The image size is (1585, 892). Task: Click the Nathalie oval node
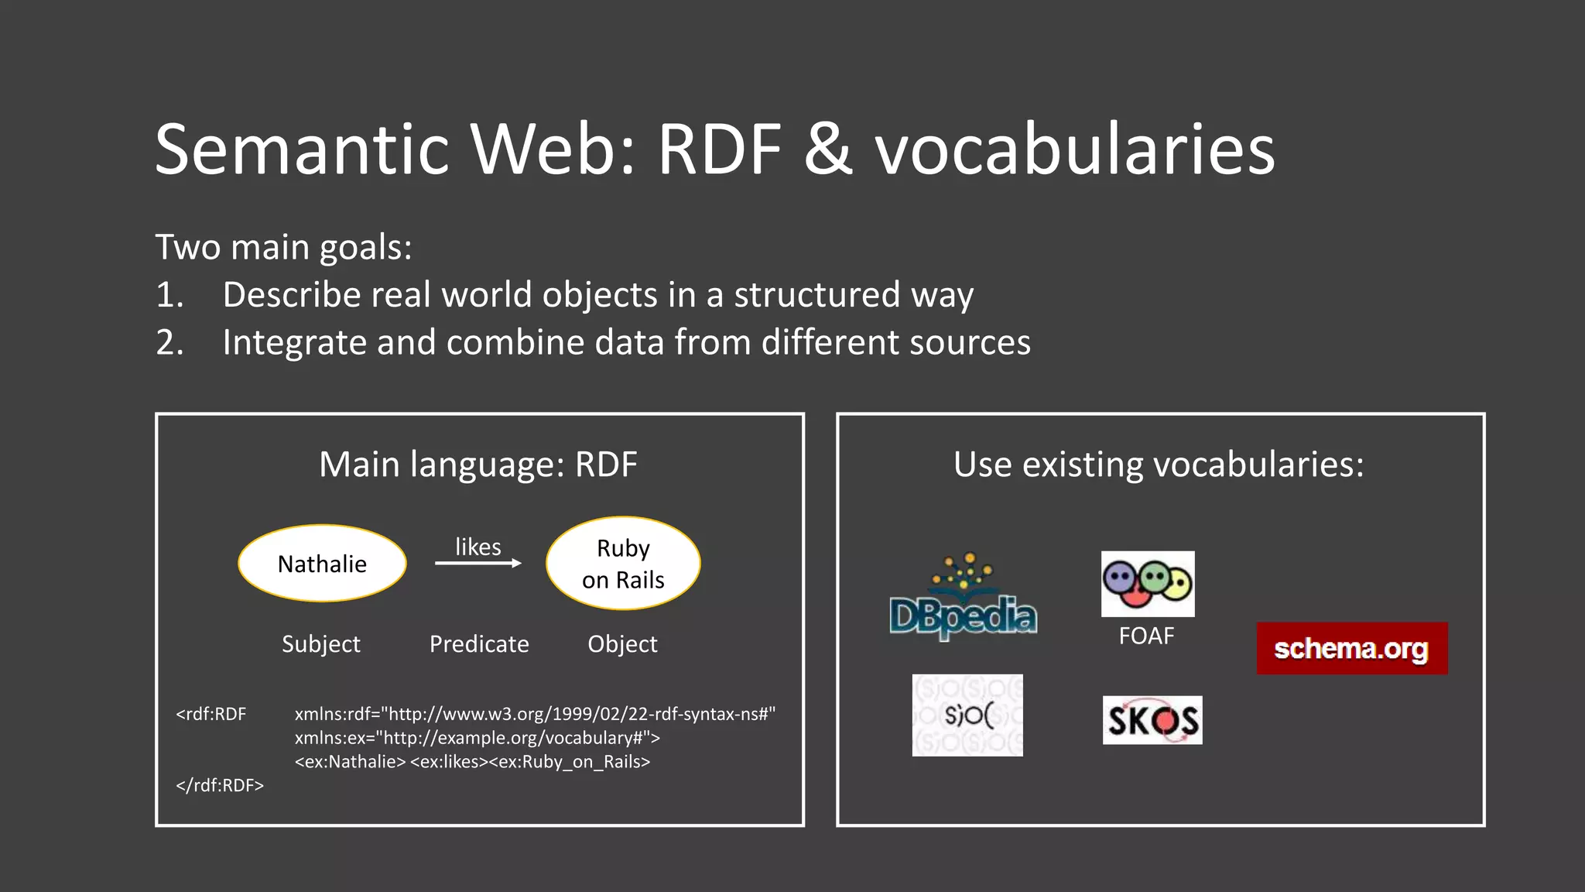[322, 564]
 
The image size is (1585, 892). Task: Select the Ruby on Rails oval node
[623, 564]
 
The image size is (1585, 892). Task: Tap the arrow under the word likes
[478, 564]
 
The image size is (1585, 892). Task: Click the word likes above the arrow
[478, 547]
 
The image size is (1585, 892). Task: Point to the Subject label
[320, 644]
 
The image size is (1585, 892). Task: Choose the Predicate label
[479, 644]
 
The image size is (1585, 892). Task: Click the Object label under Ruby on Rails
[622, 644]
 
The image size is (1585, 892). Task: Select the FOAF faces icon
[1148, 584]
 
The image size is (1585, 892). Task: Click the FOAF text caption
[1146, 636]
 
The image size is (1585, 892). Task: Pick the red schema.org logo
[1351, 648]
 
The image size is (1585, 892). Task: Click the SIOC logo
[967, 715]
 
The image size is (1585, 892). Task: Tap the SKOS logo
[1152, 720]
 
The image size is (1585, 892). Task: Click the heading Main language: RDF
[478, 465]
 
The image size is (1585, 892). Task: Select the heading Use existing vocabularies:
[1159, 465]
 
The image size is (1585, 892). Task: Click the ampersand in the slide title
[829, 149]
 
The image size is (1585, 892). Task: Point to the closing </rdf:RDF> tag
[220, 785]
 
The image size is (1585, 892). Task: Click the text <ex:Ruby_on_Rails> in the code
[570, 762]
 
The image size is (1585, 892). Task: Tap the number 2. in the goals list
[169, 342]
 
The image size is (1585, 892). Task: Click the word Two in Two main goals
[188, 248]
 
